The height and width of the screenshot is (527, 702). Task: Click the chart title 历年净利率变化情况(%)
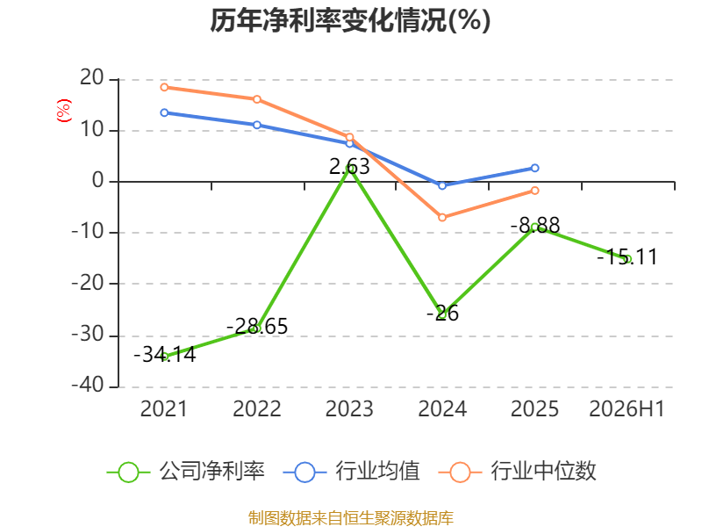(x=350, y=20)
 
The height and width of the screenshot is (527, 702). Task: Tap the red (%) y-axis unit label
(x=63, y=111)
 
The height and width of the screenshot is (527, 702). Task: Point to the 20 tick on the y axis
(x=92, y=78)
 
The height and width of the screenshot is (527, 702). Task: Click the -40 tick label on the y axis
(x=88, y=385)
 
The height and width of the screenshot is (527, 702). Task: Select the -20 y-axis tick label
(x=88, y=283)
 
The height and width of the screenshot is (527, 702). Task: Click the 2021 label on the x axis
(x=163, y=409)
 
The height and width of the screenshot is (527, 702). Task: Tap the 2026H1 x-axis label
(x=627, y=409)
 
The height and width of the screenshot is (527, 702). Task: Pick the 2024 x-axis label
(x=442, y=409)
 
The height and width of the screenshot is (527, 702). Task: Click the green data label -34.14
(x=165, y=355)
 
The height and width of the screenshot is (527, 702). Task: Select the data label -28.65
(x=257, y=326)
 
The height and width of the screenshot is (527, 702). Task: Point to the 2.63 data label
(x=349, y=167)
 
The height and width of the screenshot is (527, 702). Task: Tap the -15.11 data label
(x=627, y=256)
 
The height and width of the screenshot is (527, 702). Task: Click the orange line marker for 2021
(x=164, y=87)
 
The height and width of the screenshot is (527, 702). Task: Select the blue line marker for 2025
(x=534, y=168)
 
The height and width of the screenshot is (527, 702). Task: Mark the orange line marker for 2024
(x=442, y=217)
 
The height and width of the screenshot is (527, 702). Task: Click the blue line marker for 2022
(x=257, y=125)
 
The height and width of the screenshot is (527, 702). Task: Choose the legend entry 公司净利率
(x=186, y=472)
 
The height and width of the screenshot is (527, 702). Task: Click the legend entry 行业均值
(x=352, y=472)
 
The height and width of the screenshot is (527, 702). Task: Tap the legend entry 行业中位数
(x=518, y=472)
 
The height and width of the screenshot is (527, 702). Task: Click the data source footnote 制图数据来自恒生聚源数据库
(x=350, y=518)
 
